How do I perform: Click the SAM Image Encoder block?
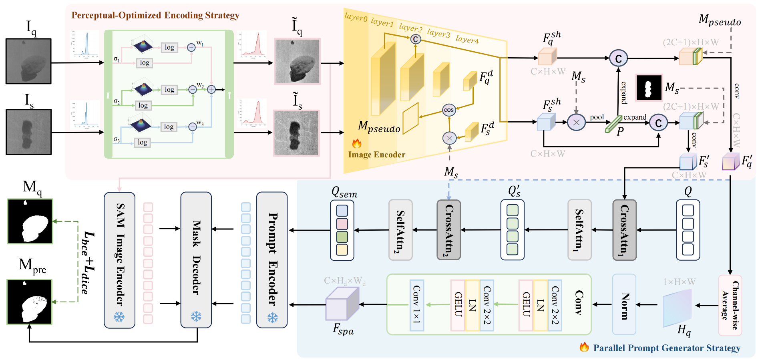[x=119, y=260]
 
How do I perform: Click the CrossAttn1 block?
[x=624, y=230]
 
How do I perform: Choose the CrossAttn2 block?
[x=448, y=230]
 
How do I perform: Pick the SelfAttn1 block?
[x=579, y=230]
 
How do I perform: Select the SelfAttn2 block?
[x=400, y=230]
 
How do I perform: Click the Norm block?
[x=624, y=304]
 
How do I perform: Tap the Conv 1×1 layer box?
[x=417, y=305]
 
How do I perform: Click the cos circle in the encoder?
[x=449, y=110]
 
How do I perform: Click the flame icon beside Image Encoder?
[x=356, y=143]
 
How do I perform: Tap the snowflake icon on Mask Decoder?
[x=196, y=317]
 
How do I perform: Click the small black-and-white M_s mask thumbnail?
[x=649, y=87]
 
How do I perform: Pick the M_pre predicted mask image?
[x=30, y=302]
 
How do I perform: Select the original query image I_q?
[x=28, y=61]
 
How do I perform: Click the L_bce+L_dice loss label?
[x=87, y=262]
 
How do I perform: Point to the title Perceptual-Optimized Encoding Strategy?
[x=155, y=15]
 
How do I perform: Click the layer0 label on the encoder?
[x=356, y=18]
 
